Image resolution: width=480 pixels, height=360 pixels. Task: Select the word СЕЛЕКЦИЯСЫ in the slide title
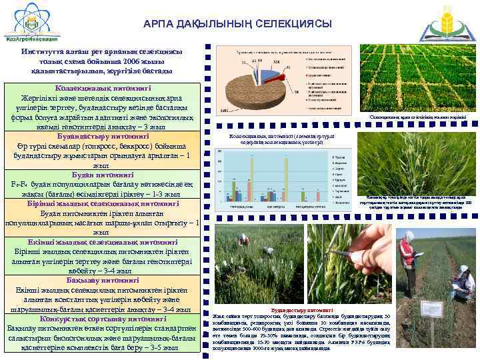click(293, 24)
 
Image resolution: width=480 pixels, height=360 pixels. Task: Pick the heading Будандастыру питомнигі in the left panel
click(102, 136)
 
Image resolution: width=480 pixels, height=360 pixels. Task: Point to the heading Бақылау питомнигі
click(102, 281)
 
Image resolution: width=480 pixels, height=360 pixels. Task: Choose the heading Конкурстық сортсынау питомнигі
click(102, 319)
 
